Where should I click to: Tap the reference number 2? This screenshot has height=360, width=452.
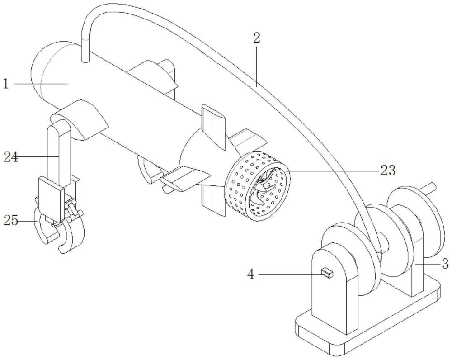click(256, 38)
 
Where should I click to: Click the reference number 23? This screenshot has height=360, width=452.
click(388, 171)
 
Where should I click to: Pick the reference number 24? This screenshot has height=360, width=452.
click(11, 157)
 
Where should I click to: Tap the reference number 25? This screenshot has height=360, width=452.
click(11, 221)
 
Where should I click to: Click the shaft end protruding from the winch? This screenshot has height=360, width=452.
click(432, 186)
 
